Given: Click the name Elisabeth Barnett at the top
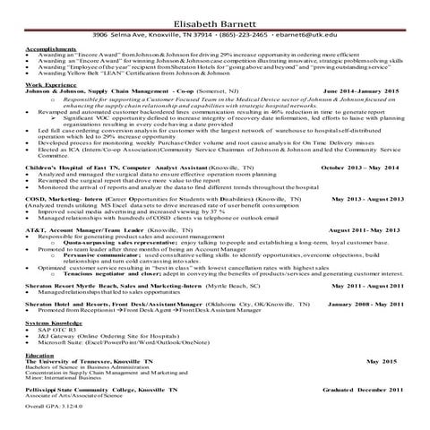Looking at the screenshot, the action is coord(215,13).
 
